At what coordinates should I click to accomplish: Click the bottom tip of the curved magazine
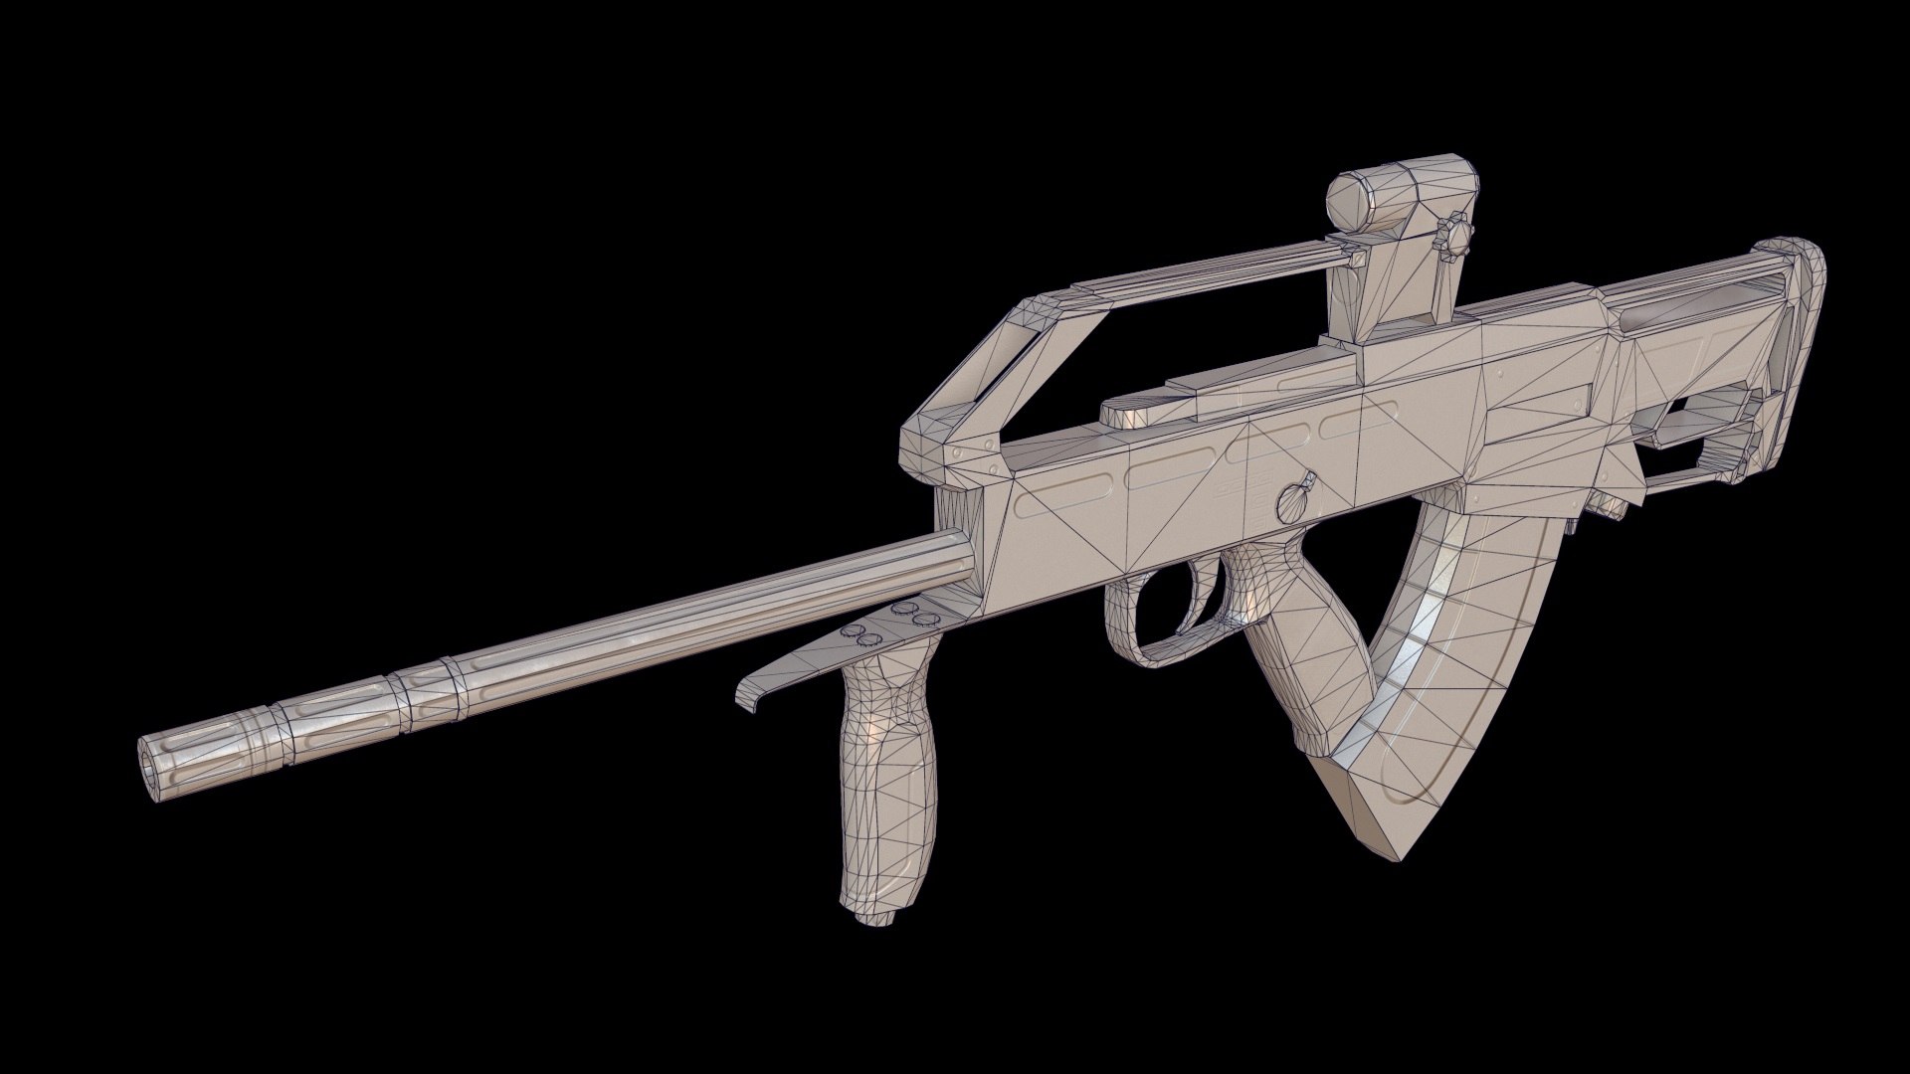(1373, 815)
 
